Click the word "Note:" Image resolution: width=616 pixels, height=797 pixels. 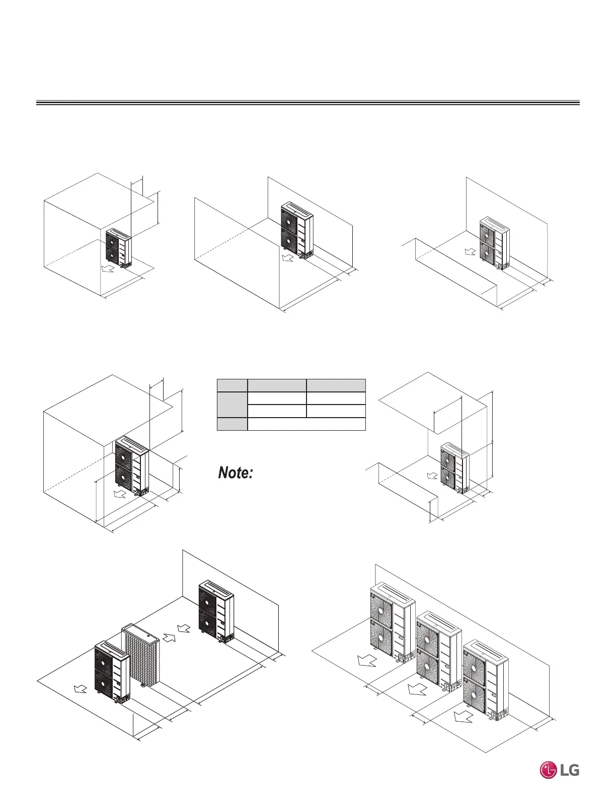(x=235, y=473)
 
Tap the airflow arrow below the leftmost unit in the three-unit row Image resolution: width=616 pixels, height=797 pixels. (x=366, y=660)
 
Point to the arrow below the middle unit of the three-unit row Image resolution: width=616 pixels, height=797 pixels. (x=417, y=689)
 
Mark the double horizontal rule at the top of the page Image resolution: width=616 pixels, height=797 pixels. (x=307, y=103)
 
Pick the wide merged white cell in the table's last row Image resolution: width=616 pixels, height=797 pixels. (x=306, y=424)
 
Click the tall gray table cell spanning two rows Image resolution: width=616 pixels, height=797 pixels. (x=232, y=405)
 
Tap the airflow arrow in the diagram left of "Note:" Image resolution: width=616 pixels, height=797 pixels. (x=119, y=494)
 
